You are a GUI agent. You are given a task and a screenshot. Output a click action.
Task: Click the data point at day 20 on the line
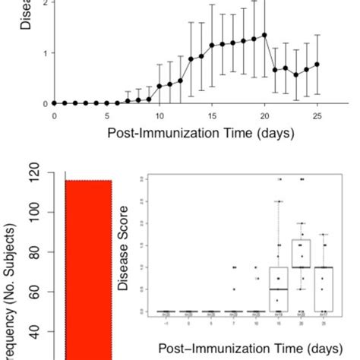click(x=264, y=34)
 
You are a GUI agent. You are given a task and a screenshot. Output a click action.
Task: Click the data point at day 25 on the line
click(x=317, y=65)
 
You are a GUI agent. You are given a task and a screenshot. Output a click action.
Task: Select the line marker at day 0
click(x=54, y=103)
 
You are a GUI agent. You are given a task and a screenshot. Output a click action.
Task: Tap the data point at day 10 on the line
click(x=159, y=87)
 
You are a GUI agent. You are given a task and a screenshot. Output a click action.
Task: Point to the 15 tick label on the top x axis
click(x=212, y=116)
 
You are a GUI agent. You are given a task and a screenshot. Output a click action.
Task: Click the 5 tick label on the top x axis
click(x=107, y=116)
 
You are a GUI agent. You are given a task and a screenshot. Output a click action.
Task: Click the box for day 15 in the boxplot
click(x=279, y=289)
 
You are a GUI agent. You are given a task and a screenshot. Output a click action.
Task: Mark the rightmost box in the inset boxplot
click(x=325, y=289)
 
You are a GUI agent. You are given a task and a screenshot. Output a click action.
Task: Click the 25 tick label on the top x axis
click(x=317, y=116)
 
